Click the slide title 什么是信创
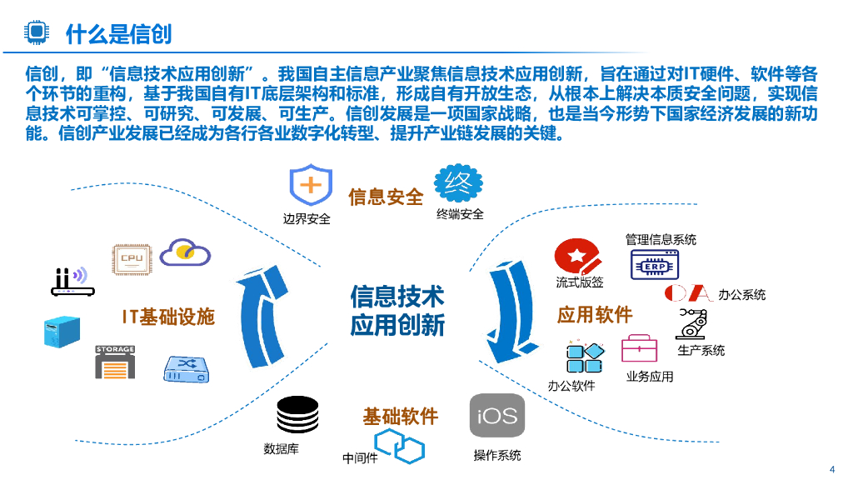click(x=118, y=32)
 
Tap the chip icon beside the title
click(x=36, y=32)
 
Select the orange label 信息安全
click(x=386, y=197)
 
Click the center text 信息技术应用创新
click(x=397, y=310)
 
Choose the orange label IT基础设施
click(x=168, y=317)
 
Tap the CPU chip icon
click(x=132, y=258)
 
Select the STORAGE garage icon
click(x=115, y=362)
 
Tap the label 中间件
click(x=360, y=458)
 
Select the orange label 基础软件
click(x=400, y=417)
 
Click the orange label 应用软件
click(x=594, y=315)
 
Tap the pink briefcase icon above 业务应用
click(x=639, y=348)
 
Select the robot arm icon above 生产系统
click(x=692, y=322)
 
